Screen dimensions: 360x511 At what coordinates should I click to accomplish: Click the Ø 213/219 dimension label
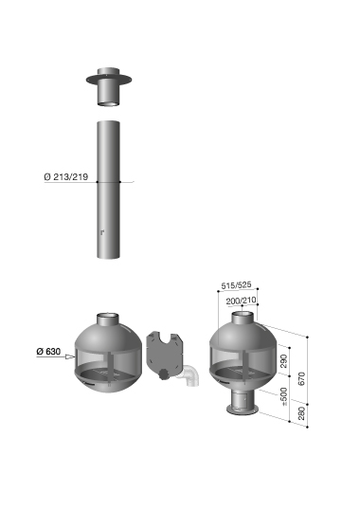click(x=65, y=177)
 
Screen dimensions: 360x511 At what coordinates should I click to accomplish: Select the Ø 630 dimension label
click(x=48, y=352)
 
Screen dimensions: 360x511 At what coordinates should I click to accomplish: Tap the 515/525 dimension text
click(x=236, y=285)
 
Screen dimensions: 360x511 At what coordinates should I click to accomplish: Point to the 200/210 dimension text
click(x=241, y=301)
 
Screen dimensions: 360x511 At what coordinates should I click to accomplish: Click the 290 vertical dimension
click(x=284, y=361)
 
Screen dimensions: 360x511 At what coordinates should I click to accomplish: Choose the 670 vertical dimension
click(x=301, y=378)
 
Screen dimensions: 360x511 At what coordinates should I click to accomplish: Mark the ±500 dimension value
click(x=284, y=396)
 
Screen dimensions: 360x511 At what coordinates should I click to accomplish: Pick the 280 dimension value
click(x=301, y=413)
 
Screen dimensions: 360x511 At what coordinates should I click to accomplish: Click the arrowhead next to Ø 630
click(x=70, y=356)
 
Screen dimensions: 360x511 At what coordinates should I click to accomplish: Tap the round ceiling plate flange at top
click(x=109, y=79)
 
